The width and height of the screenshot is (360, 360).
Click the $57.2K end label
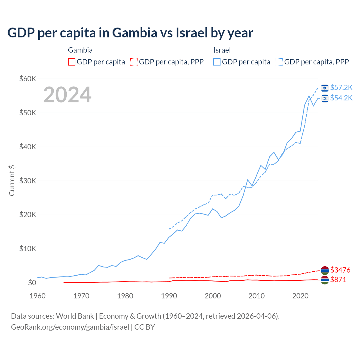pyautogui.click(x=341, y=88)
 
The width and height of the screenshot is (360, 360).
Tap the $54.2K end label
pyautogui.click(x=341, y=98)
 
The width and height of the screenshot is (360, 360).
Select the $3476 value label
pyautogui.click(x=340, y=270)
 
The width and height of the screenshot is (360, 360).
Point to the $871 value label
pyautogui.click(x=338, y=280)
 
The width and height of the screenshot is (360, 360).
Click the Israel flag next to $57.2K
pyautogui.click(x=325, y=88)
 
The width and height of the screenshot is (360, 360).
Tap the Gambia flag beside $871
pyautogui.click(x=325, y=280)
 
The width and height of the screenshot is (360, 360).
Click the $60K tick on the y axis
pyautogui.click(x=28, y=79)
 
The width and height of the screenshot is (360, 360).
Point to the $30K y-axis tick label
pyautogui.click(x=28, y=181)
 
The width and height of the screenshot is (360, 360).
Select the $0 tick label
pyautogui.click(x=32, y=283)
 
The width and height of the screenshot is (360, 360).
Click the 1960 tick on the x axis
pyautogui.click(x=37, y=296)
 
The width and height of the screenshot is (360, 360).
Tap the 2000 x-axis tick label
pyautogui.click(x=213, y=296)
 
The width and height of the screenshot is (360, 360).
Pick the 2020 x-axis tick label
pyautogui.click(x=300, y=296)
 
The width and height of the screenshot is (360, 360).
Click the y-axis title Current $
pyautogui.click(x=12, y=181)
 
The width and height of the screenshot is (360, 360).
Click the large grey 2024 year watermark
pyautogui.click(x=67, y=95)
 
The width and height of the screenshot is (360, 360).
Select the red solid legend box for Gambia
pyautogui.click(x=72, y=62)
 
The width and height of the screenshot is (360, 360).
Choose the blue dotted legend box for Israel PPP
pyautogui.click(x=279, y=62)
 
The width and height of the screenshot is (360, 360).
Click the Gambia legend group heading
pyautogui.click(x=80, y=50)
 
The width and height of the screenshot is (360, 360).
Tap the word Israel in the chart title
pyautogui.click(x=192, y=33)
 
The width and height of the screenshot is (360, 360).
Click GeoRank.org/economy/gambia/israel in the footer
pyautogui.click(x=70, y=327)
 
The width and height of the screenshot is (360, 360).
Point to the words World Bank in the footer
pyautogui.click(x=75, y=316)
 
